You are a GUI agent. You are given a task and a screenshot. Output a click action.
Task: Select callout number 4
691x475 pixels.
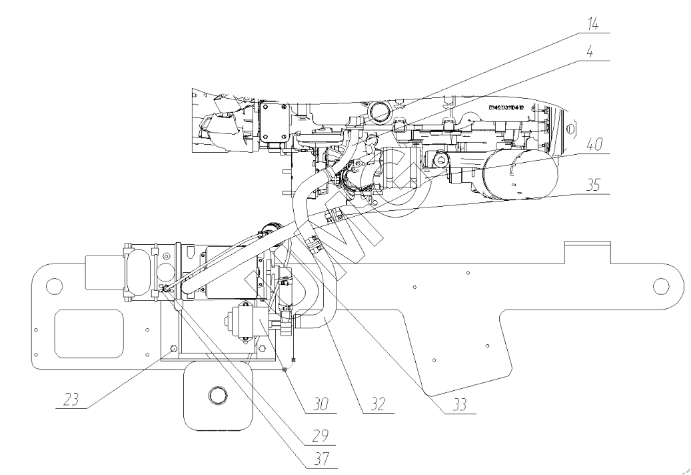(590, 51)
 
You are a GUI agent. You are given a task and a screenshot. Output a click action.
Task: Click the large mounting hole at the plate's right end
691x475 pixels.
(660, 286)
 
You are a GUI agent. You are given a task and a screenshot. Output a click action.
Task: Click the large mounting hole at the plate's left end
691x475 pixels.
(50, 287)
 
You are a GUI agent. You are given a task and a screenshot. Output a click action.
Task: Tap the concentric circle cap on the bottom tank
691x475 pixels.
(218, 396)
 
